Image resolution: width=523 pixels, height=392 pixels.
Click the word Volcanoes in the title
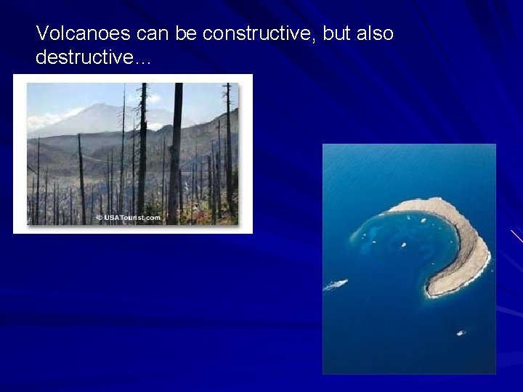coord(70,33)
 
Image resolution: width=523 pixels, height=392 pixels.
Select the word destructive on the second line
coord(80,58)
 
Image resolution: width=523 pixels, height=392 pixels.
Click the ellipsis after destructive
coord(142,61)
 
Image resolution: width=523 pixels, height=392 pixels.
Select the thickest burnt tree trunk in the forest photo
coord(175,152)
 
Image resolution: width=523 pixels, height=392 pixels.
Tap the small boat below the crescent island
coord(459,332)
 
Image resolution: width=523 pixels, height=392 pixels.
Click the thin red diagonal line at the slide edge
coord(516,235)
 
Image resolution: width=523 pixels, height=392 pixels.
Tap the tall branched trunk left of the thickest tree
coord(142,152)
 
